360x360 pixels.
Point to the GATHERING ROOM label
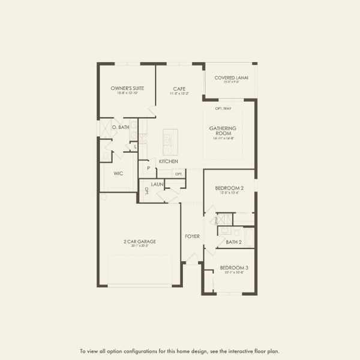[223, 130]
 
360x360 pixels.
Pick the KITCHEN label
[168, 161]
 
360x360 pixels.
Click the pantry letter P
[148, 169]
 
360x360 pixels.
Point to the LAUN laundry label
[158, 184]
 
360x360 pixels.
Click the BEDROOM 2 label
[229, 188]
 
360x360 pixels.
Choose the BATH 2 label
[233, 242]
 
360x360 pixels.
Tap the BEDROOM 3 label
[233, 267]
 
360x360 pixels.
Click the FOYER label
[192, 236]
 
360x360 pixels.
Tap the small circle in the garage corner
[103, 197]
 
